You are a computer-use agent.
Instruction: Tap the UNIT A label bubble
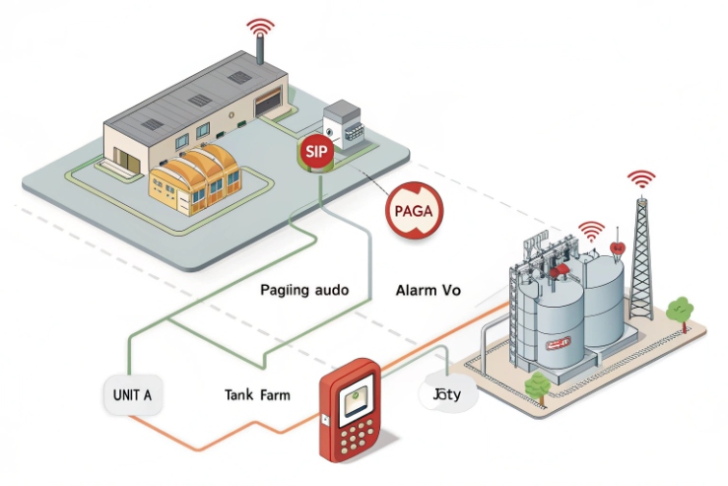[x=133, y=395]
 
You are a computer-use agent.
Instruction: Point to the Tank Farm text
[x=257, y=395]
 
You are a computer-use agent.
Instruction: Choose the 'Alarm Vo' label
[x=428, y=291]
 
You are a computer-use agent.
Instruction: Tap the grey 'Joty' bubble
[x=448, y=396]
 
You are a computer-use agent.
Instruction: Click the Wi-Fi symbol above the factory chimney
[x=260, y=26]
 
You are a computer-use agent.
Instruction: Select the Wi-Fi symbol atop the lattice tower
[x=641, y=179]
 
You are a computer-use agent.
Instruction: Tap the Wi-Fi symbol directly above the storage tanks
[x=591, y=231]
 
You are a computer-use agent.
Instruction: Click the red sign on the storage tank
[x=558, y=342]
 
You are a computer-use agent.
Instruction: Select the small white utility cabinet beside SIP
[x=345, y=123]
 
